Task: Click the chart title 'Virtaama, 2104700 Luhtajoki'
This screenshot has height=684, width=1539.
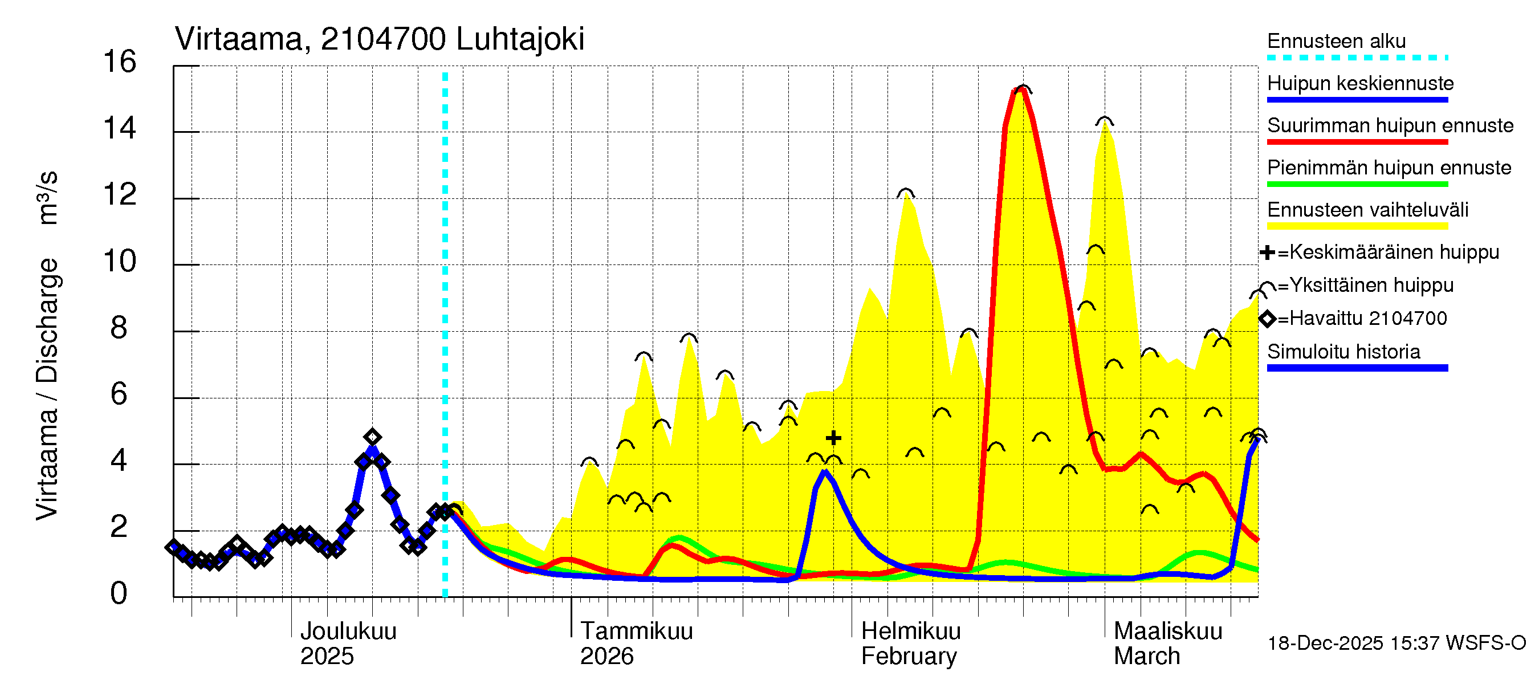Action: (x=380, y=39)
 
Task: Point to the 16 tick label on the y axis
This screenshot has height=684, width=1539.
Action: (x=120, y=62)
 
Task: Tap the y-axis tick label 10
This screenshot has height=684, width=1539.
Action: (x=120, y=262)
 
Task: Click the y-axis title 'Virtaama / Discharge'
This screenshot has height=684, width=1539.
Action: (x=47, y=388)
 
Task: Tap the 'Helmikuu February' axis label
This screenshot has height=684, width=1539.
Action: (x=910, y=644)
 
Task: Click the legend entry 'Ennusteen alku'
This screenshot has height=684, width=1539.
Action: (x=1336, y=41)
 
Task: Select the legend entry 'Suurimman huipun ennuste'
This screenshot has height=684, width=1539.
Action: (x=1390, y=125)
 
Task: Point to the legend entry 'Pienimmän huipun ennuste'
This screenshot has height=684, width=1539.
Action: (x=1389, y=168)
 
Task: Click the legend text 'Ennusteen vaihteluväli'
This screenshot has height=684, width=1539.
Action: (x=1367, y=210)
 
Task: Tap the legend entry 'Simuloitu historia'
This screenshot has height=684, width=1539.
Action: (x=1343, y=352)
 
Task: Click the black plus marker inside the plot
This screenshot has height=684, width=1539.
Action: (x=833, y=438)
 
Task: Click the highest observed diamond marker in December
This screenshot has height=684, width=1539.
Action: (x=372, y=437)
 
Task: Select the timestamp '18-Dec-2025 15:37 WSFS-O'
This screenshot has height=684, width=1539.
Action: (x=1396, y=644)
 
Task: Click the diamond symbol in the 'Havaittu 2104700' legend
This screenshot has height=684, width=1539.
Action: (x=1267, y=319)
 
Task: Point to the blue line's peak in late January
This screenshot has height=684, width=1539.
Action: (x=825, y=472)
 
